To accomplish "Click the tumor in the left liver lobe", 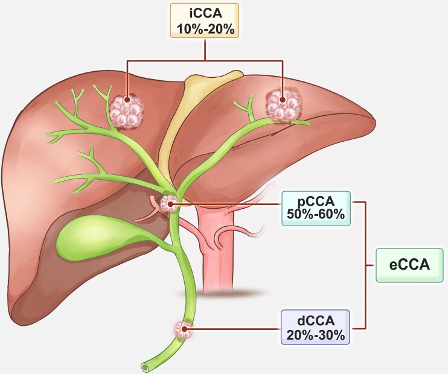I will [x=127, y=110].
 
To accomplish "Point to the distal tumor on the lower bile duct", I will [x=182, y=329].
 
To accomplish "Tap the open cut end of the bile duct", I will [x=145, y=366].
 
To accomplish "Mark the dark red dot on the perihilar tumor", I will [x=171, y=204].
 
